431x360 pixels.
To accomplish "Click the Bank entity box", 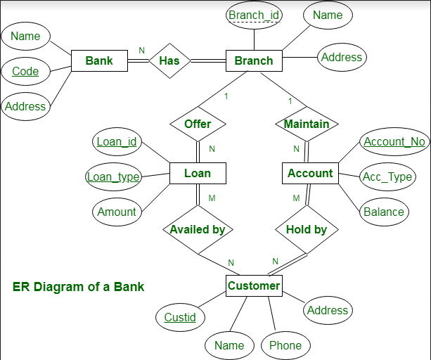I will click(99, 60).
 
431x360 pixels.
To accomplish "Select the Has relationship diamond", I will click(169, 60).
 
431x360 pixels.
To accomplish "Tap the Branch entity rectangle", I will click(253, 60).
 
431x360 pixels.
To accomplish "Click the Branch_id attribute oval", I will click(254, 15).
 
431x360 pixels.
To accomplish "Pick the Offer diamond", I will click(198, 124).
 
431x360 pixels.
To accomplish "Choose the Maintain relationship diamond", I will click(307, 124).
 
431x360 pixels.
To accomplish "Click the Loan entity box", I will click(198, 173).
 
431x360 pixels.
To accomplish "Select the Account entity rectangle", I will click(310, 173).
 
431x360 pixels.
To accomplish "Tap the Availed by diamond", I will click(198, 229).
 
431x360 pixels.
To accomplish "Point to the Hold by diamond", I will click(307, 229).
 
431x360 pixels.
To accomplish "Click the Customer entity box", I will click(254, 285).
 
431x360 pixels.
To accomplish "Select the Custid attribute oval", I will click(180, 317).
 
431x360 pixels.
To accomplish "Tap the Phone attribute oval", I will click(285, 345).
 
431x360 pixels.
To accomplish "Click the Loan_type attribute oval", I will click(113, 176).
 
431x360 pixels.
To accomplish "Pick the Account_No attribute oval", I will click(394, 141).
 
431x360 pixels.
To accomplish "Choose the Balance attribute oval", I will click(384, 212).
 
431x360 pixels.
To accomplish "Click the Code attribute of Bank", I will click(25, 71).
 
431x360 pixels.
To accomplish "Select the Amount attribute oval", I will click(117, 212).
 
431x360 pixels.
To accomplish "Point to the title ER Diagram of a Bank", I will click(79, 287).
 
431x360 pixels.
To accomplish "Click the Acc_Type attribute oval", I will click(387, 176).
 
